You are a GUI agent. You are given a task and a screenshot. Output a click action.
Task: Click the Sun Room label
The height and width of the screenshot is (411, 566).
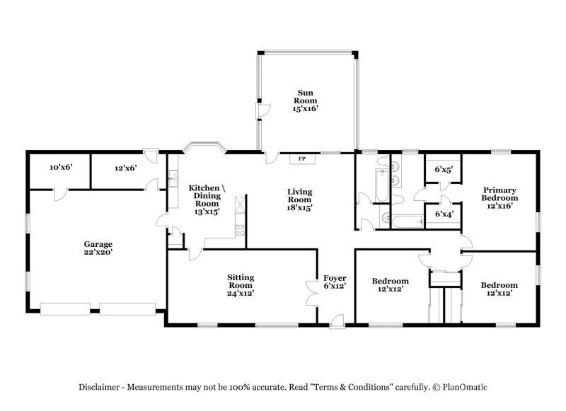click(305, 100)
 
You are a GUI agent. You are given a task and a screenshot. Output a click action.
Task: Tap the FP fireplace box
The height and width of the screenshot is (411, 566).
click(302, 158)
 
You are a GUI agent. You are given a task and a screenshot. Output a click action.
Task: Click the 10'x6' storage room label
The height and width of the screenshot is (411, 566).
click(61, 168)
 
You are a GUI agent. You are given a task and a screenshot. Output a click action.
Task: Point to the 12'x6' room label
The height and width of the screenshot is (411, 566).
click(126, 168)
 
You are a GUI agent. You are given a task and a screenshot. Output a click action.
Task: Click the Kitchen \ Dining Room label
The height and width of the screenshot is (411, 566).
click(207, 199)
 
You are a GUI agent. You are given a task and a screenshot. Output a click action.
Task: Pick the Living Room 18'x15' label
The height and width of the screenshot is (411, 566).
click(299, 199)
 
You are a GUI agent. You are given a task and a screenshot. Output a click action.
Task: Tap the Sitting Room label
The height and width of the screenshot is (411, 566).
click(241, 284)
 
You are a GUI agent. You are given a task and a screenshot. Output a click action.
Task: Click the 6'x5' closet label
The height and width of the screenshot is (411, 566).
click(444, 169)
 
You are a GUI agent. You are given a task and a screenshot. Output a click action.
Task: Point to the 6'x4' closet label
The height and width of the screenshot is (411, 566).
click(444, 213)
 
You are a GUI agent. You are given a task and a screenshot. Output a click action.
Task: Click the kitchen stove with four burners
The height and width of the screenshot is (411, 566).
click(240, 230)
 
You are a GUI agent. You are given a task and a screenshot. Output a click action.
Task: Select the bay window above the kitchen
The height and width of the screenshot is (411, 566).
click(204, 147)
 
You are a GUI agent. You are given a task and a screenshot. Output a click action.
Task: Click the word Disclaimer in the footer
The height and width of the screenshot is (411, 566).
click(100, 387)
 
